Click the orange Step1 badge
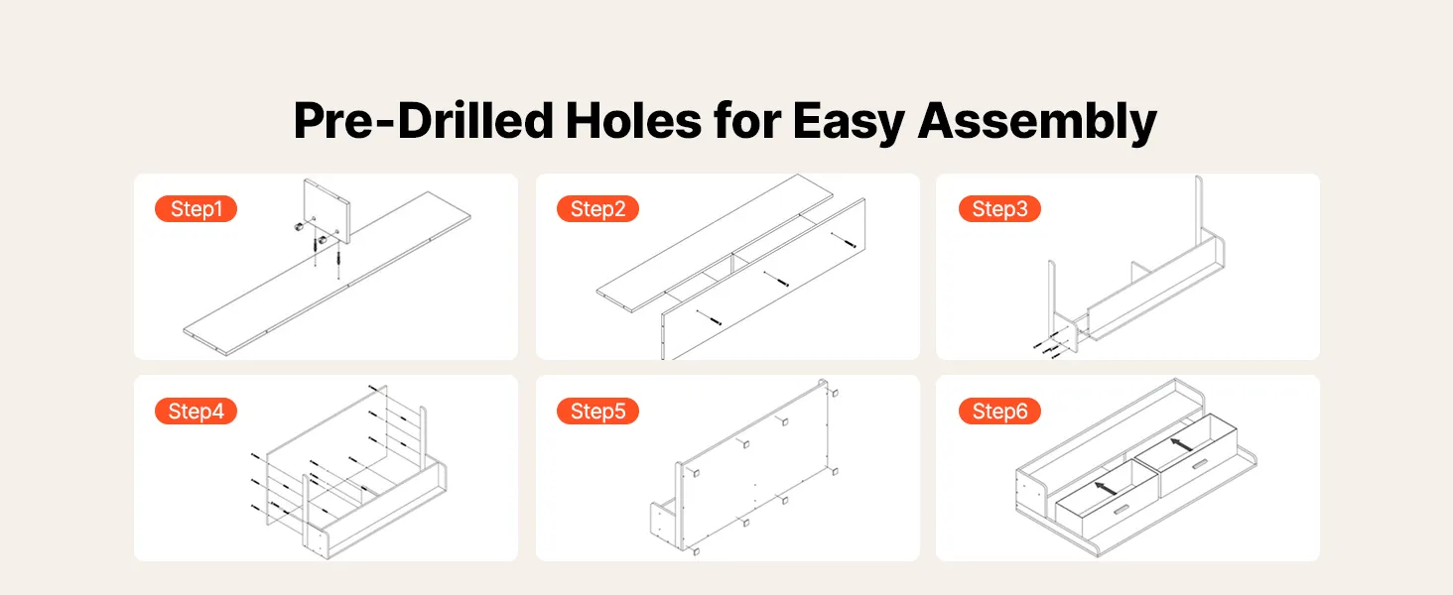(x=196, y=208)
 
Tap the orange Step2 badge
(x=597, y=208)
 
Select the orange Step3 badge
(x=999, y=208)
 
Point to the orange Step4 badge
(x=196, y=411)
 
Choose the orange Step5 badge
(x=597, y=411)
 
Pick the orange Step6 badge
(x=999, y=411)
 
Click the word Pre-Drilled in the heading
(x=423, y=121)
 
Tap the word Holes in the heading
(x=633, y=121)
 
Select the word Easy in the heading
(x=849, y=124)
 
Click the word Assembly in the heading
(x=1037, y=124)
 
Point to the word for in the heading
(x=746, y=121)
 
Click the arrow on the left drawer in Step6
(x=1106, y=488)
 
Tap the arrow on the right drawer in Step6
(x=1181, y=444)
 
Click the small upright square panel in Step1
(x=327, y=210)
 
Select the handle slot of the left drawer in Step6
(x=1122, y=511)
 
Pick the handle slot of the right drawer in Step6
(x=1199, y=465)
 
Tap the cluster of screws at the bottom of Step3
(x=1049, y=347)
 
